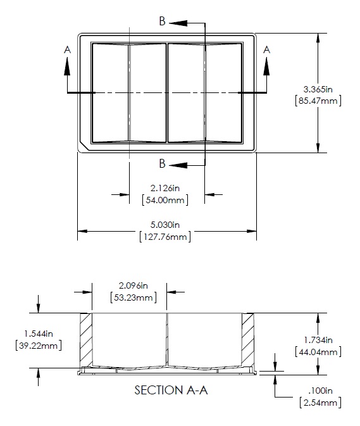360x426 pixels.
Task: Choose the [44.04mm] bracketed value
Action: click(318, 351)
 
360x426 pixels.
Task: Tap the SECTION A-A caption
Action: click(171, 391)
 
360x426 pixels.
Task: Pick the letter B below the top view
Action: click(163, 164)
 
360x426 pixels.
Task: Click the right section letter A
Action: click(266, 49)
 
